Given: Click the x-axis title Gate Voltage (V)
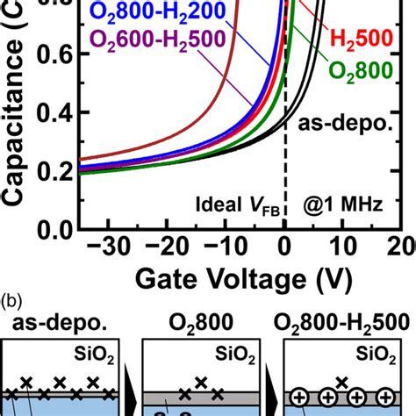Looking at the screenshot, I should point(240,279).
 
